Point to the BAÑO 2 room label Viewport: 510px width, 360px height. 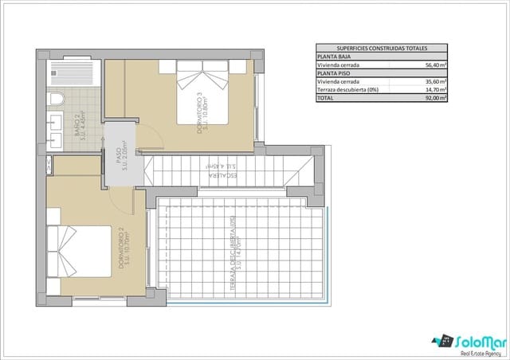(x=80, y=127)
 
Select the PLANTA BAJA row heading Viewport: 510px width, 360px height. (x=335, y=57)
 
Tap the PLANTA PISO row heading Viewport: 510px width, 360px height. (x=334, y=73)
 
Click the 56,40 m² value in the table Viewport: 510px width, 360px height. (x=433, y=65)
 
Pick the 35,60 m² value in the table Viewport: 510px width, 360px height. (x=433, y=81)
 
